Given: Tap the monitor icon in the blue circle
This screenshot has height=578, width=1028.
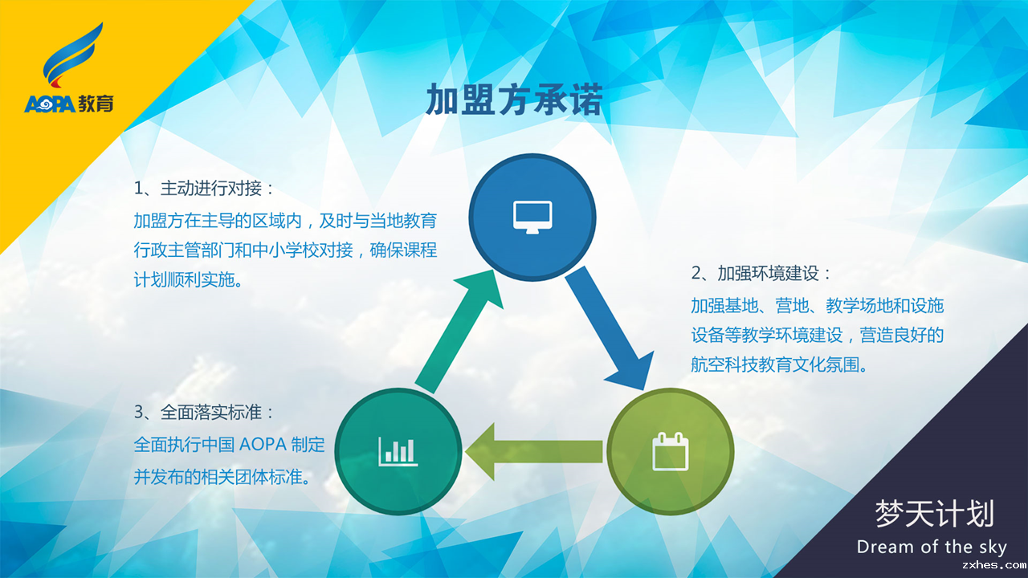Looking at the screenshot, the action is pyautogui.click(x=532, y=217).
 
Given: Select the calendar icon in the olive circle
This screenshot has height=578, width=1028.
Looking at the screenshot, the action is pyautogui.click(x=671, y=451).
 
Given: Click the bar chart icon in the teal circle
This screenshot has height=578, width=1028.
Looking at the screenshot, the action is pyautogui.click(x=398, y=451).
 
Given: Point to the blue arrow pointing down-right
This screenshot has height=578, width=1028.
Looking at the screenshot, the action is pyautogui.click(x=609, y=328).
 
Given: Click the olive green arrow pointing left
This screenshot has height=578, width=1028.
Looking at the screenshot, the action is pyautogui.click(x=534, y=452).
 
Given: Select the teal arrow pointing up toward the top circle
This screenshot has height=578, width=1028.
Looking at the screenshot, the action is pyautogui.click(x=459, y=332).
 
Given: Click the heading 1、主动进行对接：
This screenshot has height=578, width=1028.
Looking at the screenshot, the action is pyautogui.click(x=204, y=189).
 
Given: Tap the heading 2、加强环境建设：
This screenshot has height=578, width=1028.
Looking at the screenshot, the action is pyautogui.click(x=761, y=274).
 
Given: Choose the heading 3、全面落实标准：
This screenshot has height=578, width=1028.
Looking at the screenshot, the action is pyautogui.click(x=204, y=413).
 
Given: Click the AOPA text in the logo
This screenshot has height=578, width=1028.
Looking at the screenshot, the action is pyautogui.click(x=50, y=104).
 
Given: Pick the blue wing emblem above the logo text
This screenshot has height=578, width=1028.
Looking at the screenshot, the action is pyautogui.click(x=72, y=55).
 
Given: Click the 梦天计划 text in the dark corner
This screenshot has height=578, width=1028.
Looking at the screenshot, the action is pyautogui.click(x=934, y=514).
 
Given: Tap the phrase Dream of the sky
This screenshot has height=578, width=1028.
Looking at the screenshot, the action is pyautogui.click(x=932, y=547).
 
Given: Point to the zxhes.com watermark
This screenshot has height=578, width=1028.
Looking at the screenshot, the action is pyautogui.click(x=993, y=565).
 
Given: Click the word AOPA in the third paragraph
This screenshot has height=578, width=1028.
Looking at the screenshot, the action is pyautogui.click(x=263, y=445).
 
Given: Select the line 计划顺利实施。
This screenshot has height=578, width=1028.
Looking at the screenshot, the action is pyautogui.click(x=188, y=279).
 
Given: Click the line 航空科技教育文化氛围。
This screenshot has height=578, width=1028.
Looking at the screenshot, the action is pyautogui.click(x=779, y=364).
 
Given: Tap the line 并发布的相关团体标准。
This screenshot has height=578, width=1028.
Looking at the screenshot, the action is pyautogui.click(x=222, y=477).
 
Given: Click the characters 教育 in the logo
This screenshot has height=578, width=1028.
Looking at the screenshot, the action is pyautogui.click(x=96, y=104).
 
